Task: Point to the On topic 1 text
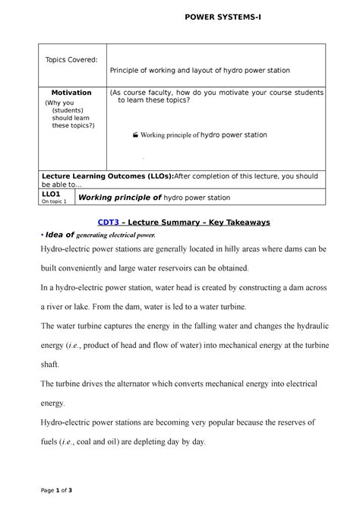pyautogui.click(x=54, y=202)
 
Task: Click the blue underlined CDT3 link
pyautogui.click(x=109, y=223)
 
